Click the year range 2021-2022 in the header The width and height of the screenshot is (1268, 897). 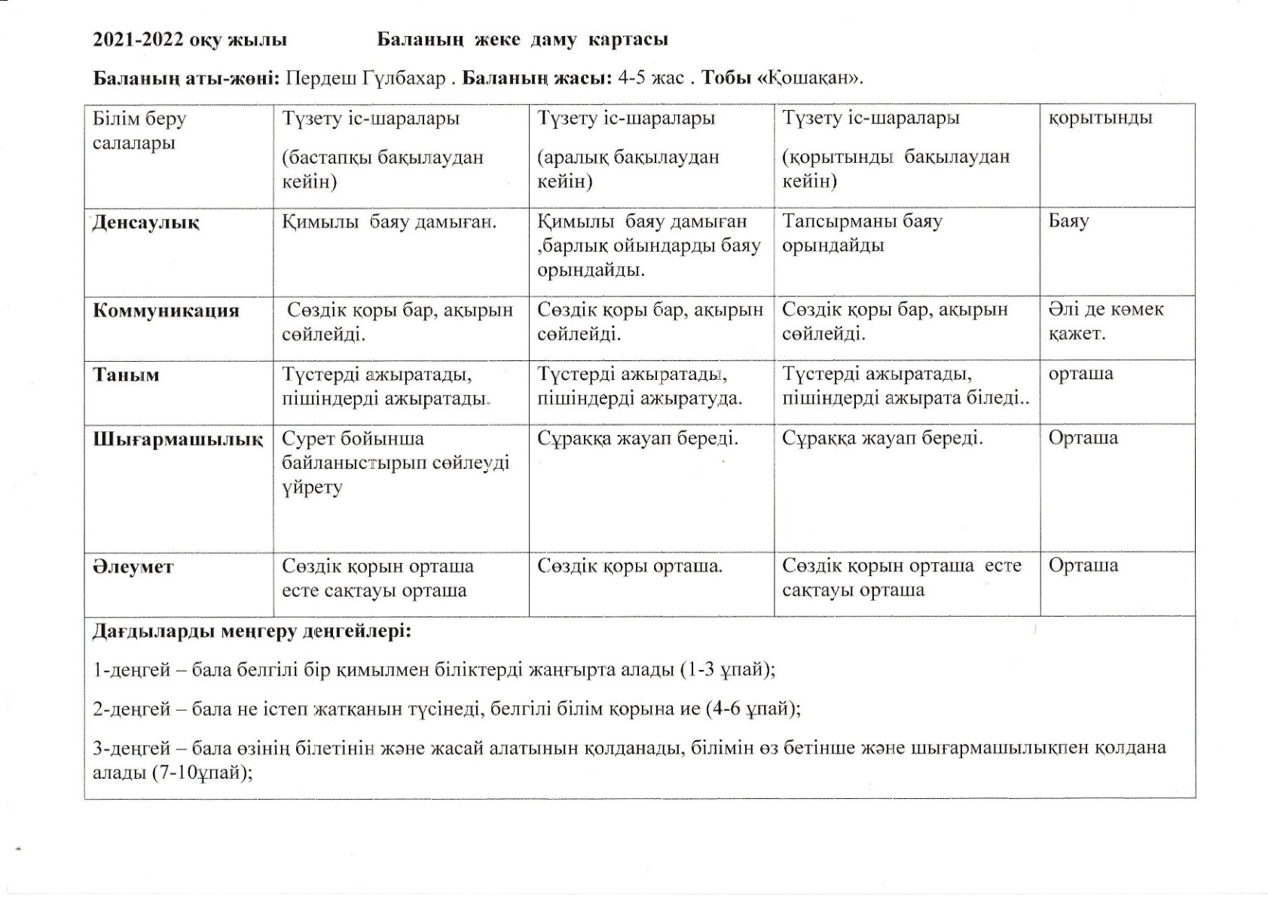(138, 40)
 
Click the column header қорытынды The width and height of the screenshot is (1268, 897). (1100, 118)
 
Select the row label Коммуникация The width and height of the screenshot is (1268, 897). (166, 311)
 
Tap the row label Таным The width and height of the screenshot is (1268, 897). (126, 375)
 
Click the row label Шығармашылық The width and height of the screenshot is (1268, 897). (178, 439)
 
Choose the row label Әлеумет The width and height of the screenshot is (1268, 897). (133, 567)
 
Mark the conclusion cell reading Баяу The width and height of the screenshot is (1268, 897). (1068, 222)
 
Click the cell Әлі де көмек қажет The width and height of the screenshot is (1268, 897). (1105, 321)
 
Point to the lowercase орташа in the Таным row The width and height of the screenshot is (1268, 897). (1080, 374)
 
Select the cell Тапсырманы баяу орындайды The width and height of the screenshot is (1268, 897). (862, 234)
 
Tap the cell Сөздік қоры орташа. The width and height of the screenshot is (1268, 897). (630, 566)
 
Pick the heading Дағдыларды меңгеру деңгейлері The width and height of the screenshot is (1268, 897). (252, 631)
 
